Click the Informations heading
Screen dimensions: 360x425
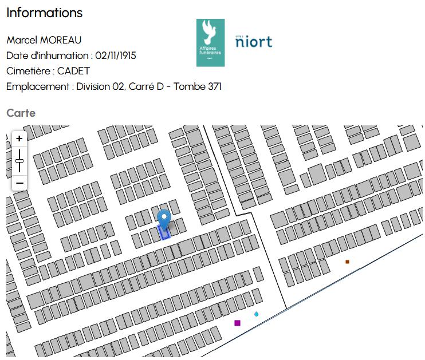pos(44,13)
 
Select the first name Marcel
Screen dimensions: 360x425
pos(20,40)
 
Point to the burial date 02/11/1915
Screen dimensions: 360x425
pos(116,56)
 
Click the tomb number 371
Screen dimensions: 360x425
pos(213,86)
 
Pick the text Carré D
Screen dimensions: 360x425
pos(146,86)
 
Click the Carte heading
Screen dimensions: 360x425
pos(21,113)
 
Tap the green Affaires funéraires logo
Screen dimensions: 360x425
pos(210,42)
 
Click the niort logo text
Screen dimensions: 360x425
pos(254,42)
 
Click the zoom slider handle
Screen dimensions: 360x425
pos(19,161)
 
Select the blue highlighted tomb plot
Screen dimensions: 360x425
pos(164,232)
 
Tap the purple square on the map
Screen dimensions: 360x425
pos(237,323)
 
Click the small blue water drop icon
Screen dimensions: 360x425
pos(256,314)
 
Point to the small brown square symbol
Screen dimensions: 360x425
pos(347,262)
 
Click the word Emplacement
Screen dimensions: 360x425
pos(37,86)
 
